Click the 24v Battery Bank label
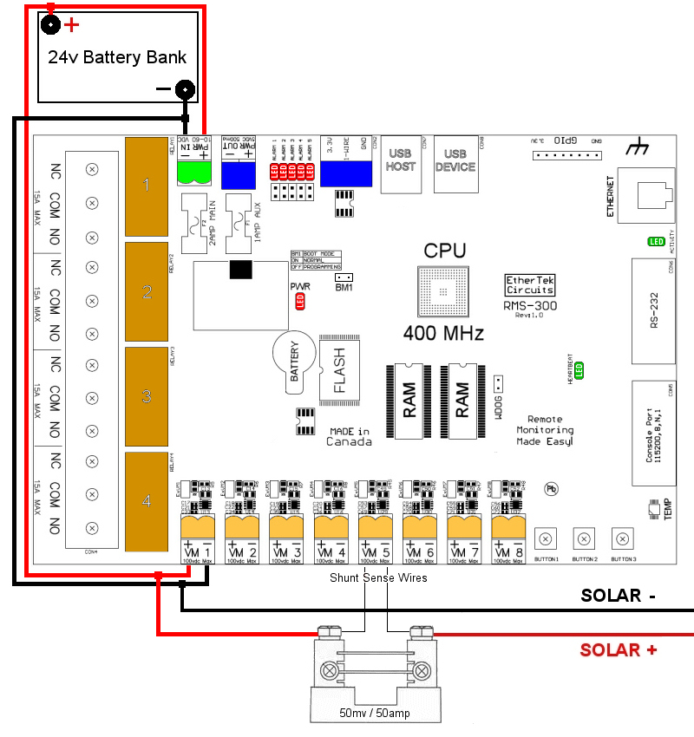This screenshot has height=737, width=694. click(115, 58)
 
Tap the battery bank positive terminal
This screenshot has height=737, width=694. click(51, 24)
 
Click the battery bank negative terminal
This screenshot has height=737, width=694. click(184, 88)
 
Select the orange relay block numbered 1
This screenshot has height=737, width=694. click(147, 185)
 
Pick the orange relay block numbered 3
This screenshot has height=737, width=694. click(147, 396)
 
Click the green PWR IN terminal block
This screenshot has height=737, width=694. click(195, 173)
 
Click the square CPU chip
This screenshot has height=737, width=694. click(446, 290)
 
